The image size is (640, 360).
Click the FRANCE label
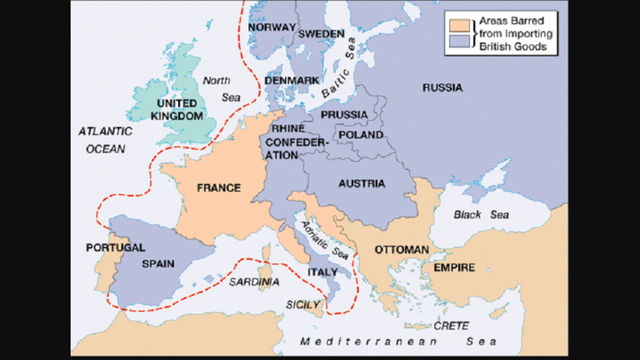click(218, 187)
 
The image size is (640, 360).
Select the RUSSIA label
click(442, 88)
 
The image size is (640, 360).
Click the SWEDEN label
click(322, 34)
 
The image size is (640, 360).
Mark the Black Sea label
click(473, 214)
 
